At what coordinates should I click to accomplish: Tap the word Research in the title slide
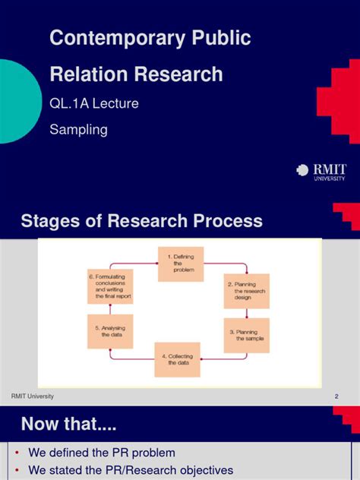[x=179, y=74]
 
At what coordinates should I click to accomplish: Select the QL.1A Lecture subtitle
[x=94, y=103]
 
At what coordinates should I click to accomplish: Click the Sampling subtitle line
[x=78, y=129]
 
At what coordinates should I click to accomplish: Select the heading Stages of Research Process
[x=141, y=221]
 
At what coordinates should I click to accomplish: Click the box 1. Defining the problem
[x=180, y=263]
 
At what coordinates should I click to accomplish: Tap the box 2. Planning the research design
[x=246, y=291]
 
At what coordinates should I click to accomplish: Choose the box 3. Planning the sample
[x=246, y=335]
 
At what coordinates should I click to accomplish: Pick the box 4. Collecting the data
[x=177, y=359]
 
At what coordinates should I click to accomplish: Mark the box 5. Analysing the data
[x=110, y=332]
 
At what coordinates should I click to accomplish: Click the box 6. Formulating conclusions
[x=110, y=286]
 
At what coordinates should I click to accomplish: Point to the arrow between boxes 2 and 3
[x=246, y=313]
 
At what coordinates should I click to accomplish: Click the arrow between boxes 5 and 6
[x=110, y=309]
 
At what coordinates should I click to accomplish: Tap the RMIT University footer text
[x=32, y=397]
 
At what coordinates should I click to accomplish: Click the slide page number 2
[x=336, y=397]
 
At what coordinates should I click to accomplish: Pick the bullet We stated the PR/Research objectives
[x=131, y=470]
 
